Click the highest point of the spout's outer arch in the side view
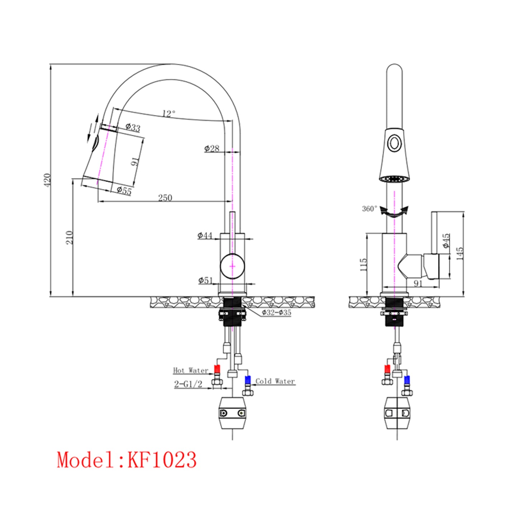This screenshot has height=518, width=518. click(x=171, y=64)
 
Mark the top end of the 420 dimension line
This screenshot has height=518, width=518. click(x=51, y=64)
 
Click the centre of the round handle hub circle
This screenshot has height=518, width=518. click(x=232, y=266)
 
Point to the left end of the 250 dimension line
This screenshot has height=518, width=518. click(x=98, y=201)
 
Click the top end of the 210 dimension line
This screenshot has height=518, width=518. click(x=73, y=179)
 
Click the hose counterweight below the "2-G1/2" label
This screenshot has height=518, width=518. click(x=232, y=417)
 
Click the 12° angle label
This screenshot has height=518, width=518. click(x=169, y=114)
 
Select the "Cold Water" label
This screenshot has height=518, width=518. click(x=275, y=381)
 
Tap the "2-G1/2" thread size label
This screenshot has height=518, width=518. click(x=188, y=384)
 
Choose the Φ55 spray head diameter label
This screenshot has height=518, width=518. click(x=124, y=191)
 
